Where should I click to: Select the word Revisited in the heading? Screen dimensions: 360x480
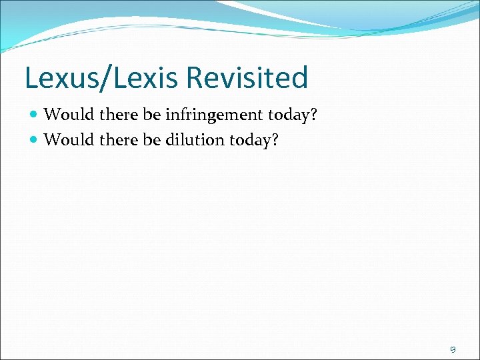[246, 78]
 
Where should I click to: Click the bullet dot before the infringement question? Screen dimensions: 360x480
[35, 115]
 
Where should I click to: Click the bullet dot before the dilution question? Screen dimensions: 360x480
[35, 140]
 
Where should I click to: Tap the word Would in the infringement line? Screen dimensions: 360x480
[69, 115]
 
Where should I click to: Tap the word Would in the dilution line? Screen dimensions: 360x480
[69, 140]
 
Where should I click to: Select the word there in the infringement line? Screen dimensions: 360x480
[119, 115]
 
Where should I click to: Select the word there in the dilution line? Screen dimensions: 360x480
[119, 140]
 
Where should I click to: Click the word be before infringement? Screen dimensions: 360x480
[152, 115]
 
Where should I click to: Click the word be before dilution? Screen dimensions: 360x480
[152, 140]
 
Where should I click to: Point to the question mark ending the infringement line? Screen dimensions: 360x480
[313, 115]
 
